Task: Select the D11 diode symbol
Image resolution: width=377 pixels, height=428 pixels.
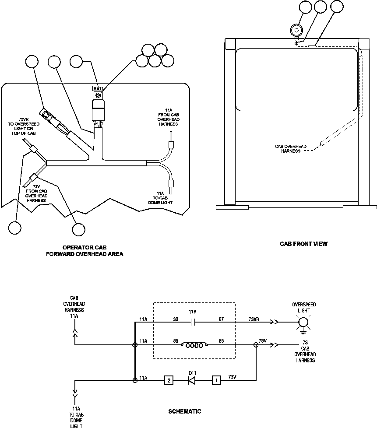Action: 191,380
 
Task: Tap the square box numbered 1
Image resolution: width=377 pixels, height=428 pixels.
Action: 216,380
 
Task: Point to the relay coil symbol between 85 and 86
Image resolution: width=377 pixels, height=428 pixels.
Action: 193,345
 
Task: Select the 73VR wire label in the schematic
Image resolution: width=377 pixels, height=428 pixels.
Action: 254,319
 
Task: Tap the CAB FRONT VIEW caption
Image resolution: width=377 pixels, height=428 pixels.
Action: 303,244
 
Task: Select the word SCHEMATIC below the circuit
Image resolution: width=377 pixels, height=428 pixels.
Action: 185,411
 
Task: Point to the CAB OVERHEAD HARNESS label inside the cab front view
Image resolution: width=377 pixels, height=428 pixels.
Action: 290,148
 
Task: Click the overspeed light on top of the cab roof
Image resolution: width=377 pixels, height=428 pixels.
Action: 297,30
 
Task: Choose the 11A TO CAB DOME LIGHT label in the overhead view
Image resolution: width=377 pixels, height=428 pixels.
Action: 167,197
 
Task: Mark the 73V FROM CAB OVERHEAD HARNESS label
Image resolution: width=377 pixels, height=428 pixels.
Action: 36,193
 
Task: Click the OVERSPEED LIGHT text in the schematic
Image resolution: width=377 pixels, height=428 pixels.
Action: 304,307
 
